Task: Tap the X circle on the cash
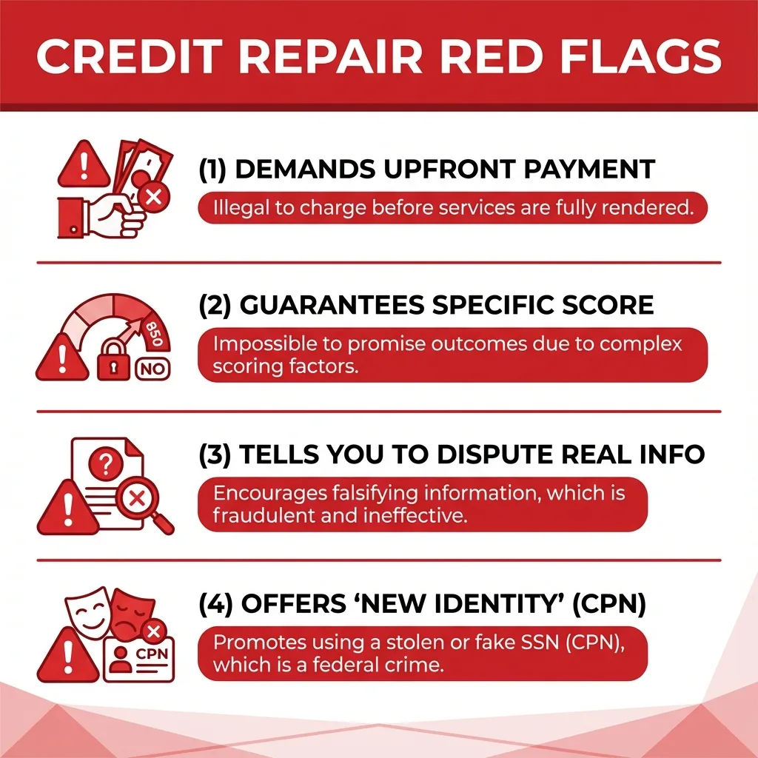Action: pyautogui.click(x=155, y=197)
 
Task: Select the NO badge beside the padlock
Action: pyautogui.click(x=152, y=367)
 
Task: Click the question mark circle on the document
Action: pyautogui.click(x=106, y=465)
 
